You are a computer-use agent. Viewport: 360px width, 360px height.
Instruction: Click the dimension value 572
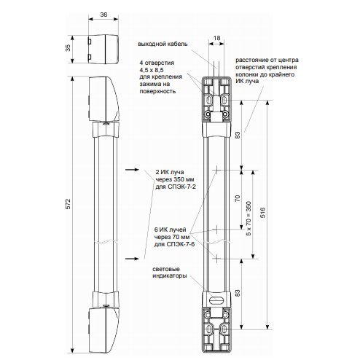pyautogui.click(x=69, y=204)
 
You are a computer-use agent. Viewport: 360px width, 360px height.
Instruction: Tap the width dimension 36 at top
pyautogui.click(x=103, y=15)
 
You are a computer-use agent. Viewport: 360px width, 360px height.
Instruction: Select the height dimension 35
pyautogui.click(x=69, y=48)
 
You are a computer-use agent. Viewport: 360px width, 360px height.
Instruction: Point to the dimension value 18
pyautogui.click(x=216, y=38)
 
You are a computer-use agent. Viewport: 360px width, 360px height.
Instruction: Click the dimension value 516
pyautogui.click(x=263, y=213)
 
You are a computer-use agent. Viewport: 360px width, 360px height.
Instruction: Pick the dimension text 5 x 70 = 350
pyautogui.click(x=249, y=219)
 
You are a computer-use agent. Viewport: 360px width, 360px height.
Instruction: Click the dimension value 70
pyautogui.click(x=238, y=198)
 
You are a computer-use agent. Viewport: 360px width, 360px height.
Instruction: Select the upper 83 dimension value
pyautogui.click(x=238, y=135)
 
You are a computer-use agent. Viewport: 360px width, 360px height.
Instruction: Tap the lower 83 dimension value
pyautogui.click(x=238, y=293)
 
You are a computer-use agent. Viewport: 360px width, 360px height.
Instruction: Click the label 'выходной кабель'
pyautogui.click(x=163, y=44)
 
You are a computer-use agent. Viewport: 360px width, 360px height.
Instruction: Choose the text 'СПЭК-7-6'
pyautogui.click(x=181, y=244)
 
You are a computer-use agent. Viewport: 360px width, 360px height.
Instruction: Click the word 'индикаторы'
pyautogui.click(x=170, y=276)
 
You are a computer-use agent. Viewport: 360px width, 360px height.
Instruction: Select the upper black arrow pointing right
pyautogui.click(x=132, y=170)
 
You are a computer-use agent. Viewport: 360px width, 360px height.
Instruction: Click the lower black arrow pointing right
pyautogui.click(x=132, y=259)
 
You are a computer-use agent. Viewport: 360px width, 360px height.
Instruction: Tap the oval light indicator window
pyautogui.click(x=216, y=300)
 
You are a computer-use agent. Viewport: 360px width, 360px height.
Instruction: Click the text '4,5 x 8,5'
pyautogui.click(x=152, y=70)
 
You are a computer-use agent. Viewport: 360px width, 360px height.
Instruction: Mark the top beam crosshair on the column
pyautogui.click(x=216, y=170)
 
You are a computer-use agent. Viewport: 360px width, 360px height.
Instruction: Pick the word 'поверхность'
pyautogui.click(x=157, y=92)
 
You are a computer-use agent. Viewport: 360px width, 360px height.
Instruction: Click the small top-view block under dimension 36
pyautogui.click(x=103, y=49)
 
